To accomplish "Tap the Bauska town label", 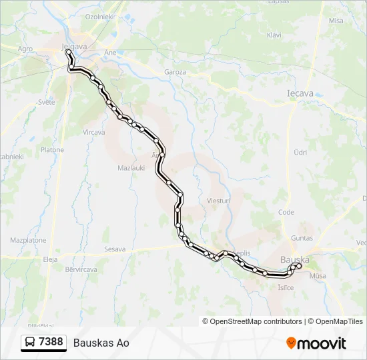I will click(x=296, y=259).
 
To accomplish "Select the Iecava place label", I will click(x=300, y=94).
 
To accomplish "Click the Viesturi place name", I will click(x=218, y=200).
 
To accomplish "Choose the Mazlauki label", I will click(x=131, y=167).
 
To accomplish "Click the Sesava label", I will click(x=115, y=249).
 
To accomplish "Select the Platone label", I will click(x=52, y=150).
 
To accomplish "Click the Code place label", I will click(x=286, y=212).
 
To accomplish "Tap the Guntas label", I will click(x=302, y=238).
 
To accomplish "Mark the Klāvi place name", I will click(x=274, y=35).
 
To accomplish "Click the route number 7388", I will click(x=51, y=342).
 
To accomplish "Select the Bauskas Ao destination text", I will click(x=101, y=343).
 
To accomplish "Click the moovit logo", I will click(x=316, y=343).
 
